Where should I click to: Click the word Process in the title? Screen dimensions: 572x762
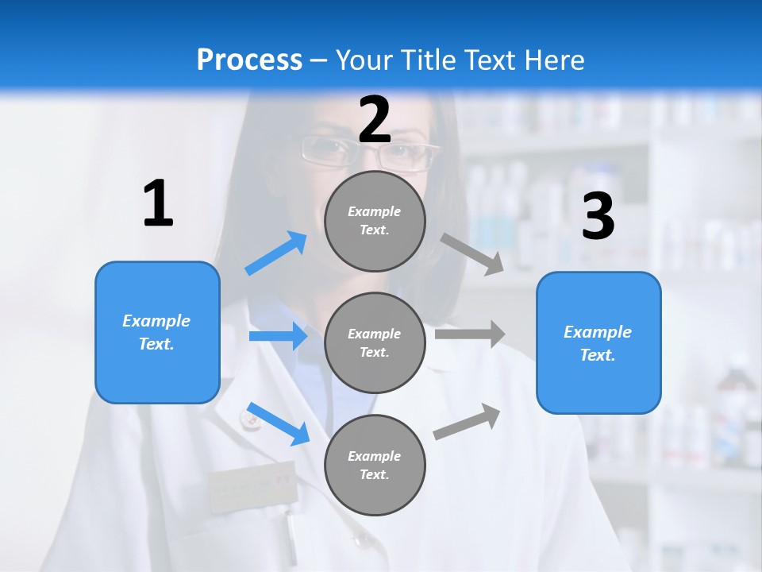tap(249, 60)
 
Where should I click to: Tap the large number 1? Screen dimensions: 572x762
tap(158, 204)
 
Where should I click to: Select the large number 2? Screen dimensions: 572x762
tap(375, 120)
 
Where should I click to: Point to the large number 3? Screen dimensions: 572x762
tap(598, 216)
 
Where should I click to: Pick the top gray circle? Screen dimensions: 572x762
tap(375, 221)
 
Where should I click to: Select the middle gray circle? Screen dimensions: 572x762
tap(375, 342)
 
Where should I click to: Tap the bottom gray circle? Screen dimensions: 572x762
tap(375, 465)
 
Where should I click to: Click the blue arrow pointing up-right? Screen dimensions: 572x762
tap(276, 253)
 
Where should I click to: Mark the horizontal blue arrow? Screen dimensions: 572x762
tap(278, 337)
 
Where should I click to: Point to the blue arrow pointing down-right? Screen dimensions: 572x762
tap(278, 424)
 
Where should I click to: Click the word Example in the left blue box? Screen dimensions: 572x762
tap(156, 321)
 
